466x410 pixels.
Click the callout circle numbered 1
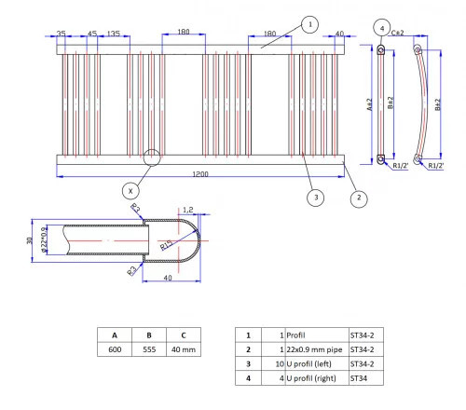click(x=311, y=24)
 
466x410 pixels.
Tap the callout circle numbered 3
click(x=316, y=197)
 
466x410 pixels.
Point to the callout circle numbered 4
click(x=382, y=29)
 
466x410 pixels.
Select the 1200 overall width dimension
click(x=200, y=175)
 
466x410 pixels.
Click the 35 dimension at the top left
click(x=62, y=34)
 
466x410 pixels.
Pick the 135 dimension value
click(x=112, y=34)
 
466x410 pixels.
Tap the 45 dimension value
click(x=91, y=34)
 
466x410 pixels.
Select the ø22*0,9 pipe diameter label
click(x=44, y=239)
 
